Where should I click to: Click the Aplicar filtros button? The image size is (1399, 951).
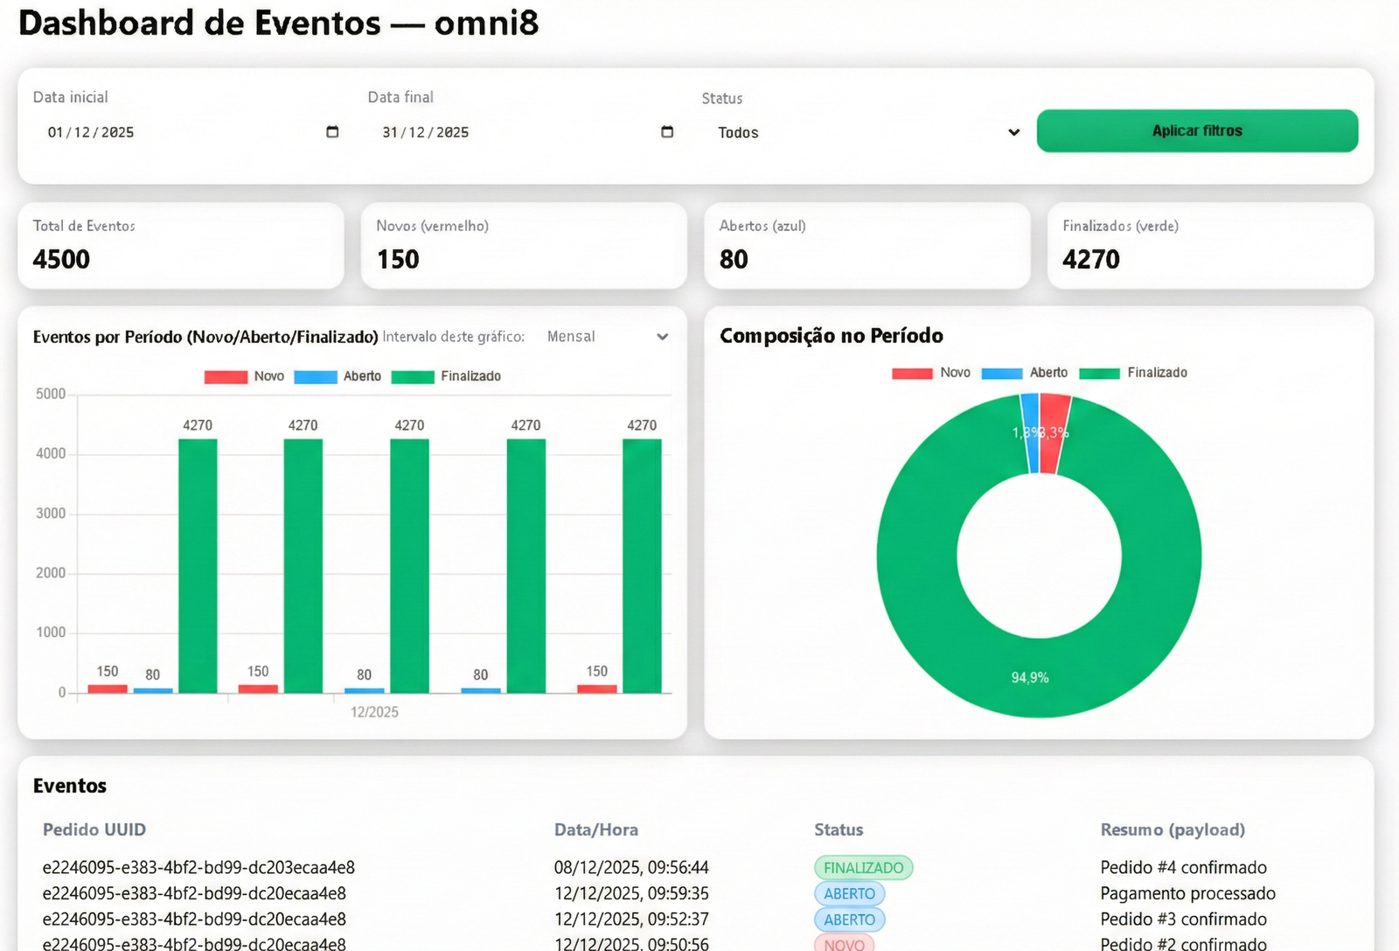[1196, 131]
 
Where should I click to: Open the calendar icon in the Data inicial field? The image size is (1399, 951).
[332, 132]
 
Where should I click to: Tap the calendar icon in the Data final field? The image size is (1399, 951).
[667, 132]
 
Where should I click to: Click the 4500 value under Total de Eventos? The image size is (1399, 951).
[61, 260]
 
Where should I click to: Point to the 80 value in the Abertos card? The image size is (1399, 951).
[734, 260]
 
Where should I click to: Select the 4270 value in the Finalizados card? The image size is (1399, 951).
[1090, 260]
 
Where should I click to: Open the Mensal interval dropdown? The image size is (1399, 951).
[607, 337]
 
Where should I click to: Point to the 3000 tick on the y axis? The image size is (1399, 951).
[51, 514]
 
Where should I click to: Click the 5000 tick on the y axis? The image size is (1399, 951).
[51, 395]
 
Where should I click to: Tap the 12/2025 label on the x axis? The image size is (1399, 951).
[374, 712]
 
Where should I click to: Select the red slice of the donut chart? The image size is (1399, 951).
[1054, 433]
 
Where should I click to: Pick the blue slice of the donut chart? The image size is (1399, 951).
[1031, 433]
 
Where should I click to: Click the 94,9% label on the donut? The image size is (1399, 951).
[1030, 678]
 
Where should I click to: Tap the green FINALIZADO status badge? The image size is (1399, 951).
[863, 868]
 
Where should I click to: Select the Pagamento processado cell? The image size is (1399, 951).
[1187, 893]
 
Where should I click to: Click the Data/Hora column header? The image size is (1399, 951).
[595, 829]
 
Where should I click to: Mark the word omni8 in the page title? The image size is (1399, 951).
[486, 23]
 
